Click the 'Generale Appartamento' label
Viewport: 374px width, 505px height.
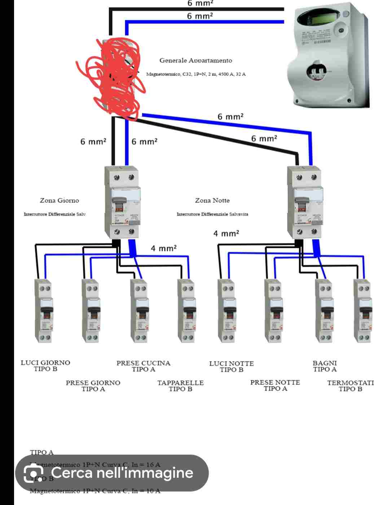coord(196,60)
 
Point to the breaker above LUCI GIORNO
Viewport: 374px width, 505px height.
coord(44,311)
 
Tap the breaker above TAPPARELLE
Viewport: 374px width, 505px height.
coord(186,311)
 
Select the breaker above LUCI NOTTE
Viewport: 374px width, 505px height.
coord(227,311)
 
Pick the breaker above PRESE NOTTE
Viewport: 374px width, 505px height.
coord(273,311)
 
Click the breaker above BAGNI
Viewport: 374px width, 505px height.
coord(324,311)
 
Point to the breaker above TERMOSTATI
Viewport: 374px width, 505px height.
coord(363,311)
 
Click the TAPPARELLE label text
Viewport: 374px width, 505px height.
coord(180,383)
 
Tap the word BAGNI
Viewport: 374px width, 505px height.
coord(325,363)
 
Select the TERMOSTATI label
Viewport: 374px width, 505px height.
coord(350,383)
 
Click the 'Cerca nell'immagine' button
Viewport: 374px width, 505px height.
coord(112,473)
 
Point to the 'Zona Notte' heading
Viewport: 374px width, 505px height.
coord(212,200)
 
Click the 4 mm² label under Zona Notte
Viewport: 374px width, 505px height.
coord(226,234)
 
